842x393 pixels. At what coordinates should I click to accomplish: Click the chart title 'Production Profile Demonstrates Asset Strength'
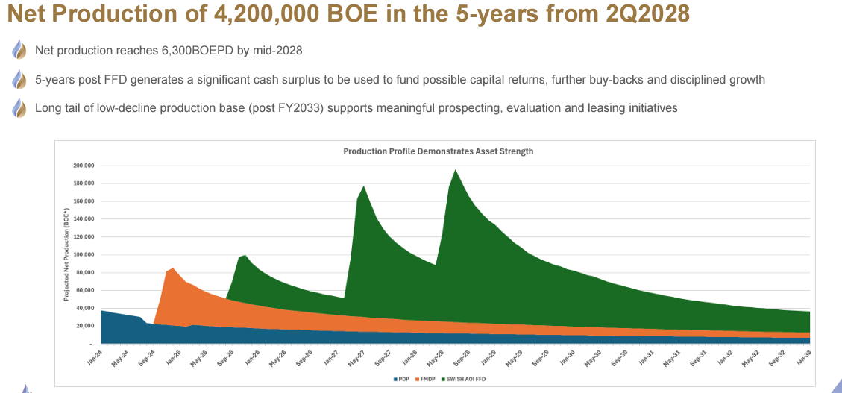tap(438, 151)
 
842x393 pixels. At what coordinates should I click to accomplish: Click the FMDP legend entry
tap(424, 379)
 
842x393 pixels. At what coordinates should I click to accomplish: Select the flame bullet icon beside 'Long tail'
tap(19, 107)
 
